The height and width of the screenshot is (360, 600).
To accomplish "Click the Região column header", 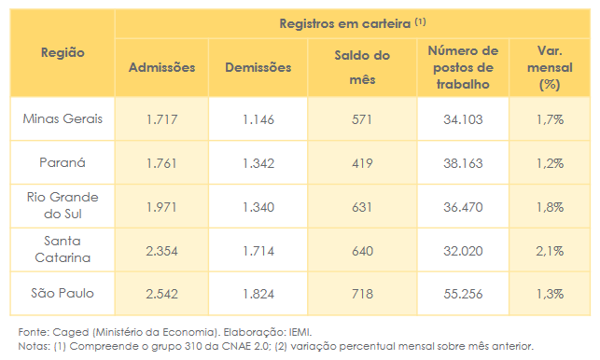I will click(x=63, y=52).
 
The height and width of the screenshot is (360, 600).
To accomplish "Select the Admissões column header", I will click(x=161, y=67).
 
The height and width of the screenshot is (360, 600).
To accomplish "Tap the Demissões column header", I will click(x=258, y=67).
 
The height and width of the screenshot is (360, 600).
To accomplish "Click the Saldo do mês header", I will click(x=361, y=67).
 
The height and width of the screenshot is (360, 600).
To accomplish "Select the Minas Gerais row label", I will click(x=63, y=119).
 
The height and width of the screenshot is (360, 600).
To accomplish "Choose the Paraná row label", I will click(x=63, y=162).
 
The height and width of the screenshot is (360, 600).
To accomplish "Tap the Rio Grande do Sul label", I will click(x=63, y=205).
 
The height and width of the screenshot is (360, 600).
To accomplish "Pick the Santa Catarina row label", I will click(x=63, y=249).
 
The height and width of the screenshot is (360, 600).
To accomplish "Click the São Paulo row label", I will click(x=63, y=293).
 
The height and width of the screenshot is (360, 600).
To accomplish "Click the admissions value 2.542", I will click(x=161, y=294).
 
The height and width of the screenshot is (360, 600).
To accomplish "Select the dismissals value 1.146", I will click(x=258, y=119).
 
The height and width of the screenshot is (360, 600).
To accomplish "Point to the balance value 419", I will click(x=361, y=162).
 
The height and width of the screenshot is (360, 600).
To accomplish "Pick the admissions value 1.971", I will click(x=161, y=206).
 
